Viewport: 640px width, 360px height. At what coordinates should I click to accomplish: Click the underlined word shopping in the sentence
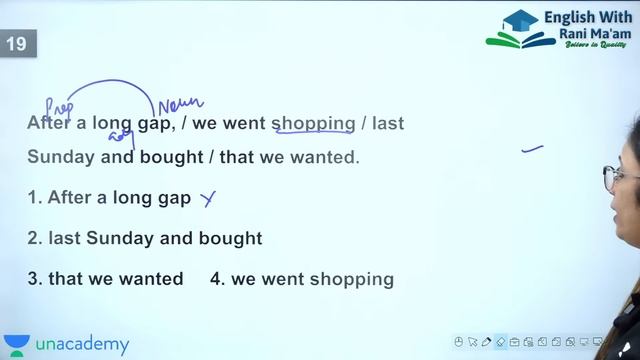point(313,124)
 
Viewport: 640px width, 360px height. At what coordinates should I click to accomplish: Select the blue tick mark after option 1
point(208,199)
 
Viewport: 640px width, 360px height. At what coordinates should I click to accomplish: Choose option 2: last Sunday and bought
point(145,239)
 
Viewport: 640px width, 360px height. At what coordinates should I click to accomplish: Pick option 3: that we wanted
point(105,280)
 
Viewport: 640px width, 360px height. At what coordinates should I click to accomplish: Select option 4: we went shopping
point(302,280)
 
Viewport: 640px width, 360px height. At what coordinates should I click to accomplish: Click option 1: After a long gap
point(109,198)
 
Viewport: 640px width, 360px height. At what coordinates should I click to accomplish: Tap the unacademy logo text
point(82,345)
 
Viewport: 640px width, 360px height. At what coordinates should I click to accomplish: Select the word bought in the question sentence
point(171,158)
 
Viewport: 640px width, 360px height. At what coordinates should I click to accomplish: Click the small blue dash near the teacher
point(532,150)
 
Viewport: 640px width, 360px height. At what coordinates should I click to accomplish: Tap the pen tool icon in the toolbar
point(487,342)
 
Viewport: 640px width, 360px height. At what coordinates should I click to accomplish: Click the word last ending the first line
point(388,124)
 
